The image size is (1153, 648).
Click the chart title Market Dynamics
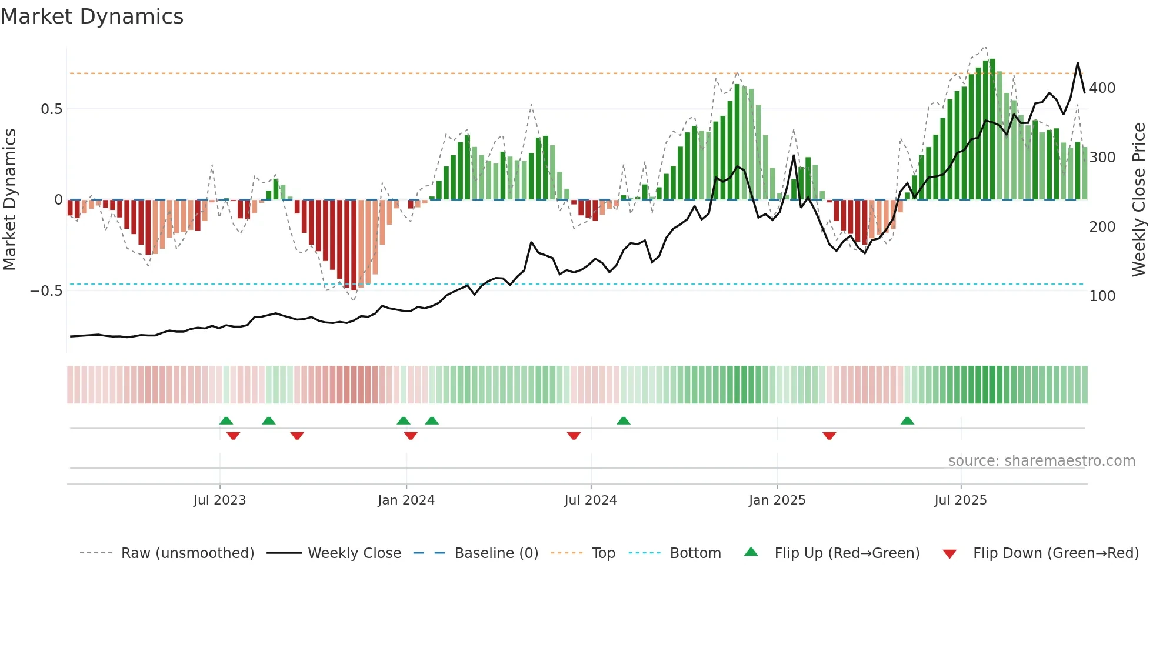92,16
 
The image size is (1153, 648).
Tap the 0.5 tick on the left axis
51,109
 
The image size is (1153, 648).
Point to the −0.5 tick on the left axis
46,291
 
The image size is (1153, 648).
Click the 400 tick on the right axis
1102,88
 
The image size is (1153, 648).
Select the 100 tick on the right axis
1102,296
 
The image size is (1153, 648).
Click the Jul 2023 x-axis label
219,500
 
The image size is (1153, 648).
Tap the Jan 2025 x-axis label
777,500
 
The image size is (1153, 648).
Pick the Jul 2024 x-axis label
590,500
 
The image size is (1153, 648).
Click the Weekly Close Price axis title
1139,200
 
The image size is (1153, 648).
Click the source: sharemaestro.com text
1041,461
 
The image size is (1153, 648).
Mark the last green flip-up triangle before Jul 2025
907,420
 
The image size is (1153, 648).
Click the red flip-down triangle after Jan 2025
829,436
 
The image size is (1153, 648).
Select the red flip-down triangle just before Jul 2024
574,436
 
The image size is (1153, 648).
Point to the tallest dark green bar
992,129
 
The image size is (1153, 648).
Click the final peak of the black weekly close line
1078,63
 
